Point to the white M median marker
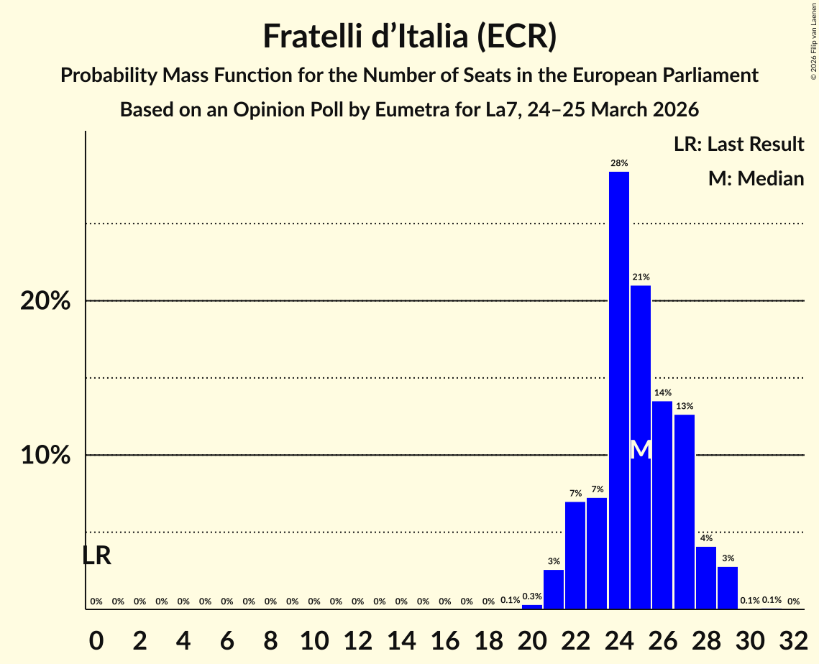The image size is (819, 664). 641,451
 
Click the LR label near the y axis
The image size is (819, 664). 96,555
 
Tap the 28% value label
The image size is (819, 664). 619,163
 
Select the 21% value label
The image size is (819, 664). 641,277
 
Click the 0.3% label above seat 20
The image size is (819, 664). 532,596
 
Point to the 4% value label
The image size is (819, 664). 706,538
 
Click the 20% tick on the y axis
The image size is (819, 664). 45,301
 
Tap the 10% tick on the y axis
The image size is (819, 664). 45,456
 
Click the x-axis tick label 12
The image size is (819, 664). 357,635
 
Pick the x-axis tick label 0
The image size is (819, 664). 96,635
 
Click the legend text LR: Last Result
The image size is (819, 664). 738,144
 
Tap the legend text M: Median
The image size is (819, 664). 756,178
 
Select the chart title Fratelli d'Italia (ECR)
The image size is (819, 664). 409,36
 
